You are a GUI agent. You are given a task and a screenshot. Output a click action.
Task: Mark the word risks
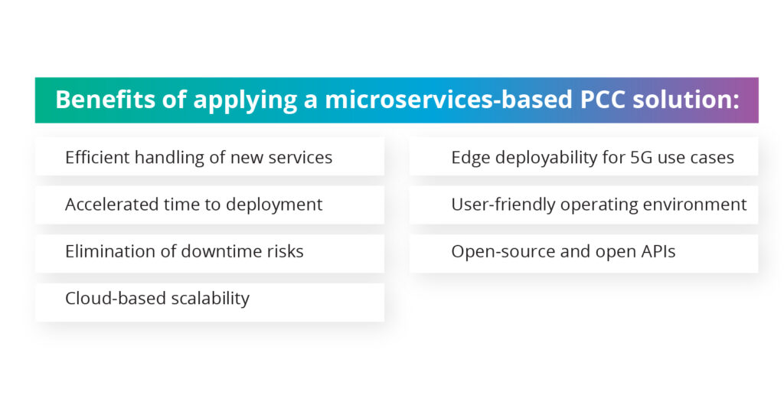coord(283,251)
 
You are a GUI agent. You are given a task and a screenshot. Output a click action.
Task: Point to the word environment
coord(697,205)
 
